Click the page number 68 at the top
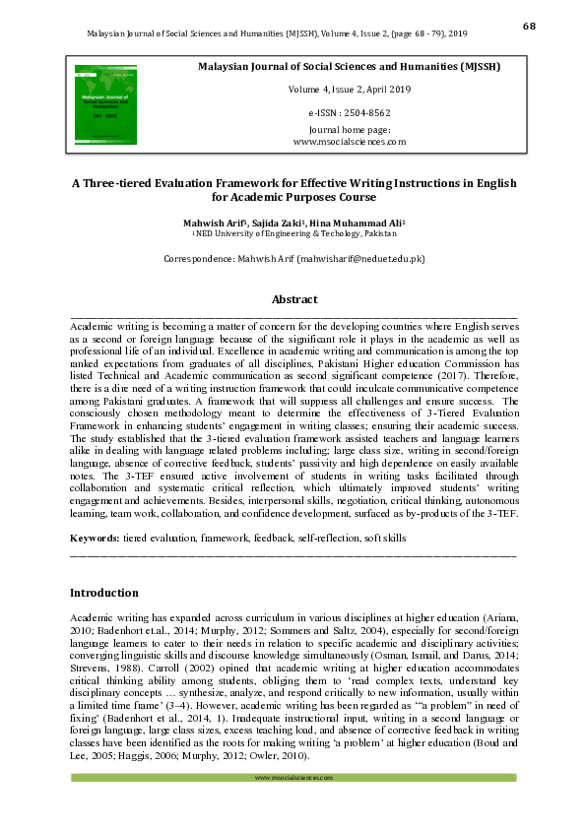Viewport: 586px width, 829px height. pos(528,26)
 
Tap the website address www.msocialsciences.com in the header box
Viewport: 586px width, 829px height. pos(350,142)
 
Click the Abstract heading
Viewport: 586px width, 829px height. pos(294,299)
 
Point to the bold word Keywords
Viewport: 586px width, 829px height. pos(94,539)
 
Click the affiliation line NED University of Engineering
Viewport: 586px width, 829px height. pos(295,234)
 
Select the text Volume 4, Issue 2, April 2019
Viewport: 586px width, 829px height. pos(350,90)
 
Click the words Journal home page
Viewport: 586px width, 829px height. pos(350,130)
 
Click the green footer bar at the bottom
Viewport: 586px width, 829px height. pos(294,778)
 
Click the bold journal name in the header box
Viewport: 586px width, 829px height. pos(350,67)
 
